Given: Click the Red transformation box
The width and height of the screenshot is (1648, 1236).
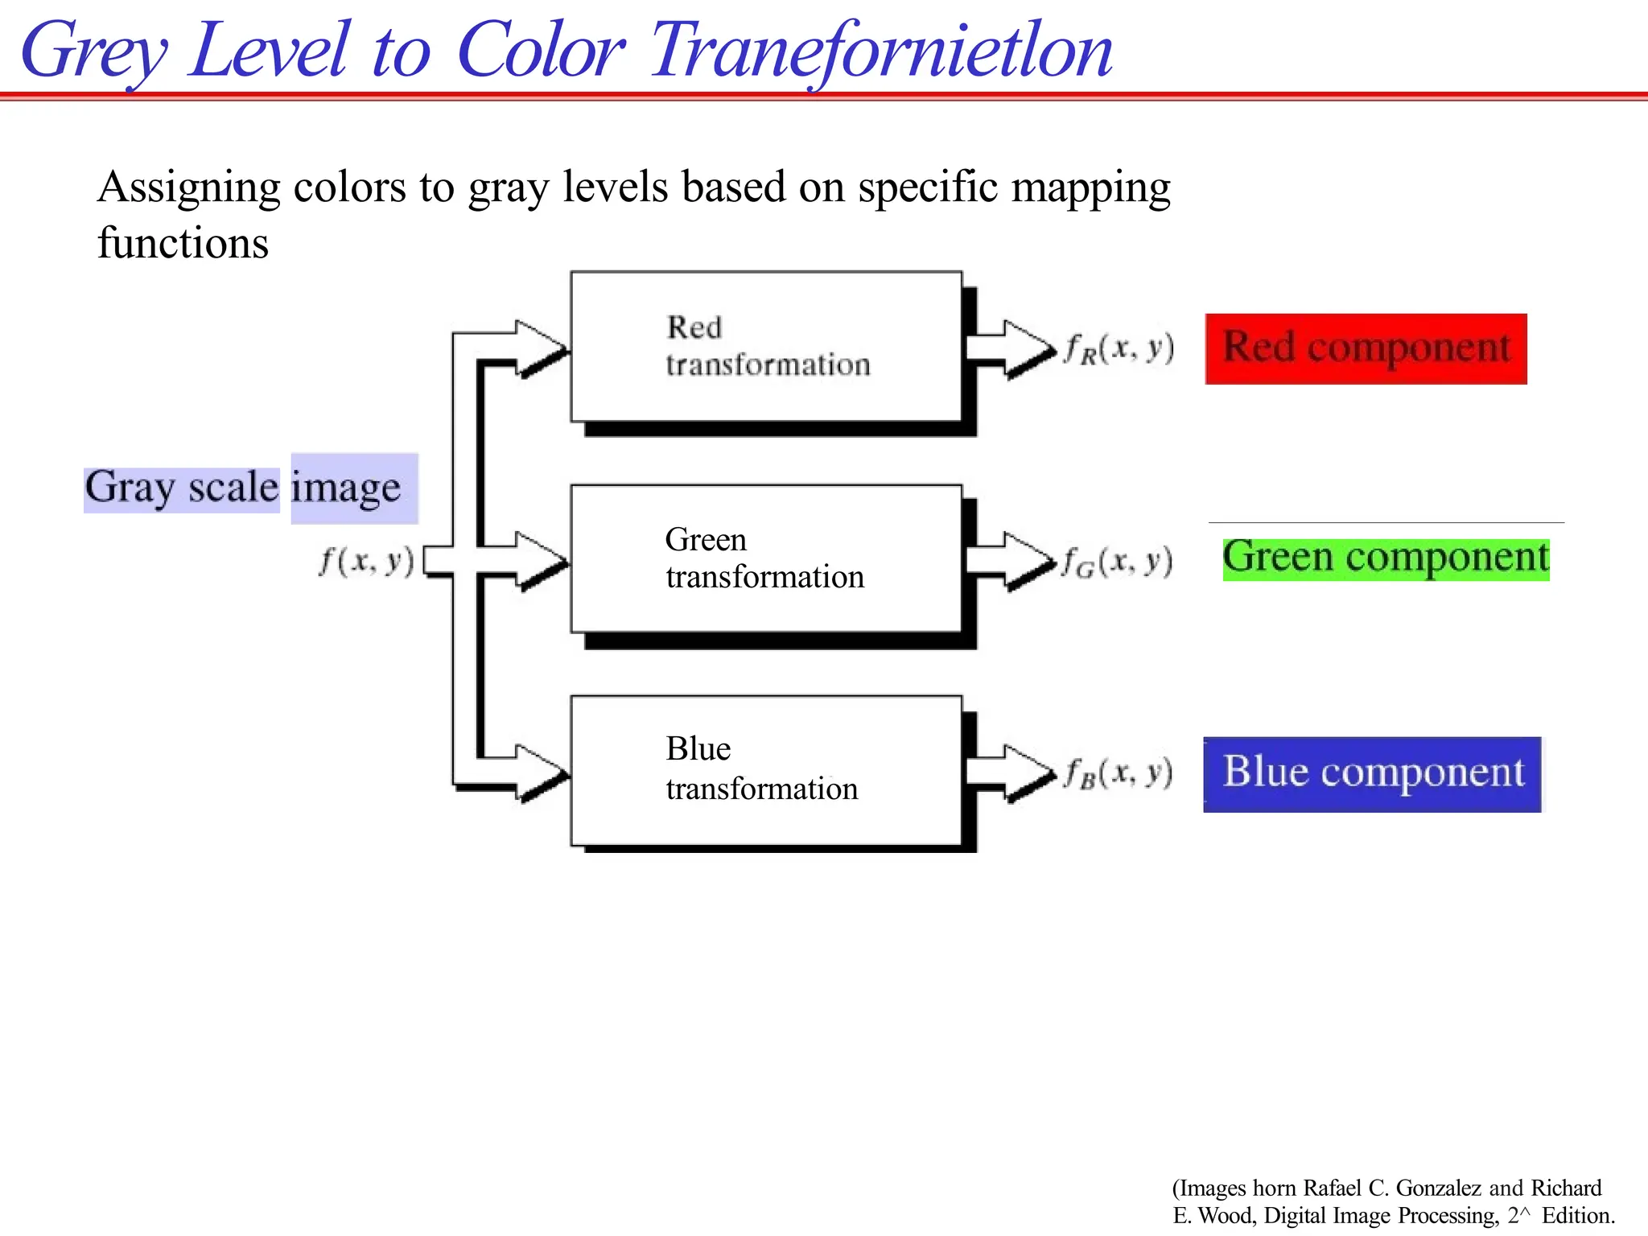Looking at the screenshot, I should tap(766, 347).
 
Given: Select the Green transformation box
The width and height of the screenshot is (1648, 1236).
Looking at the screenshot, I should tap(766, 558).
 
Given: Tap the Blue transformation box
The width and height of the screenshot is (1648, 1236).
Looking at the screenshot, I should tap(766, 770).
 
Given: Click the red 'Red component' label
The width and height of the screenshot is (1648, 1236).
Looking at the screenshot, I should tap(1366, 348).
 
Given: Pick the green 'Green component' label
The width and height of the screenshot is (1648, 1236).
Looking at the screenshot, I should tap(1386, 558).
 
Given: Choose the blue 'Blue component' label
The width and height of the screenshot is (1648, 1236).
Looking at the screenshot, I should tap(1373, 773).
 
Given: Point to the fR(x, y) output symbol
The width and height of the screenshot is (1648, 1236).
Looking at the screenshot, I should tap(1119, 348).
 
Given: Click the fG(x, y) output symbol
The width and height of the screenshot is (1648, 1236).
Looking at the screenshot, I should tap(1117, 561).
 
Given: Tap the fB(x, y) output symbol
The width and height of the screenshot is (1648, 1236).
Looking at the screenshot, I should tap(1119, 773).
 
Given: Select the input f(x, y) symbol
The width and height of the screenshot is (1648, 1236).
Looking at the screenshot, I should tap(367, 561).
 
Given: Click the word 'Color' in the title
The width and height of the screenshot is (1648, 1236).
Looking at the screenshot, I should tap(540, 51).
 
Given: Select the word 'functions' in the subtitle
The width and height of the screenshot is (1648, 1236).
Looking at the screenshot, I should tap(183, 243).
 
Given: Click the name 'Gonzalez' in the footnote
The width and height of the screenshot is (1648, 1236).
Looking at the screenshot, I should tap(1438, 1188).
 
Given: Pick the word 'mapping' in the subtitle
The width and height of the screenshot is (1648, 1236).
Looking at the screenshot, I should tap(1090, 188).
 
